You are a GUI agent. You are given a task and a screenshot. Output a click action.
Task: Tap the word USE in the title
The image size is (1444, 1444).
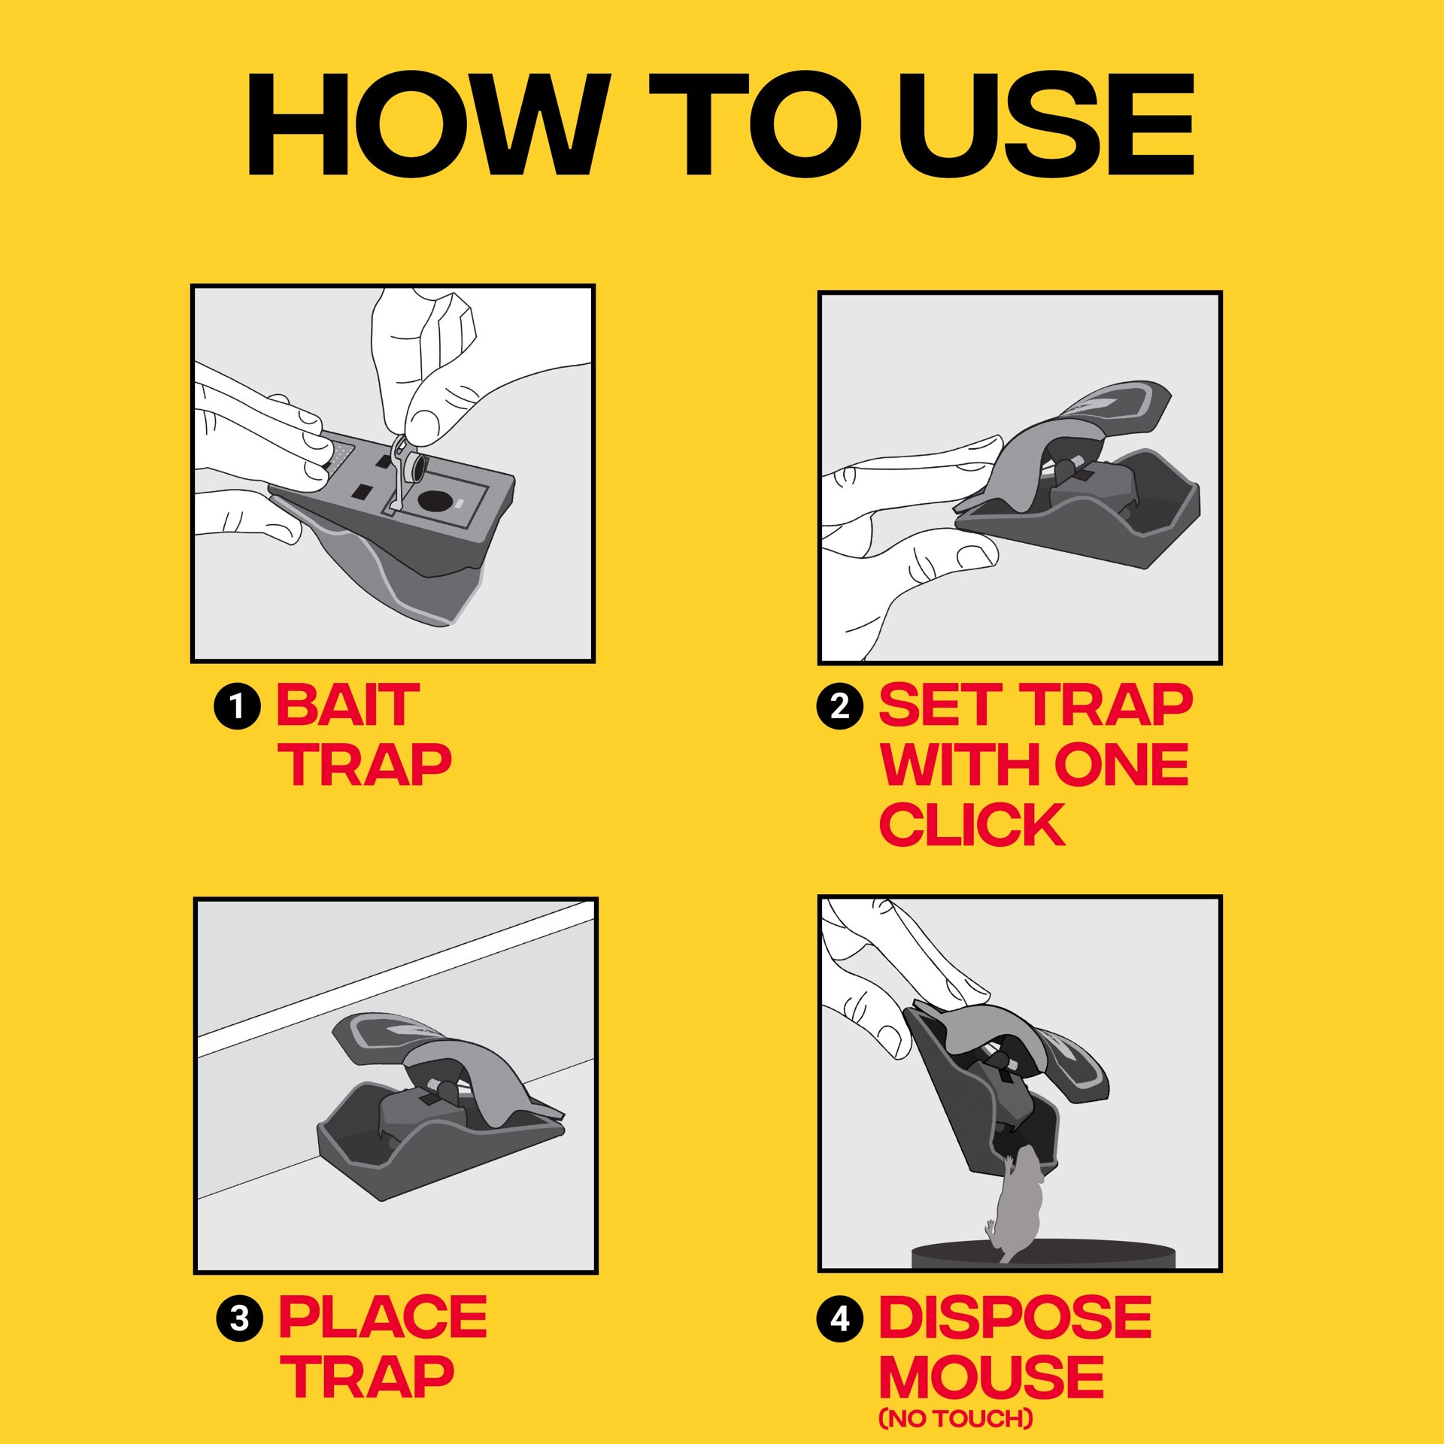1046,126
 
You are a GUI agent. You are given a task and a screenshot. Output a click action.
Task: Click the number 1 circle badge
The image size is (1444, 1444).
237,707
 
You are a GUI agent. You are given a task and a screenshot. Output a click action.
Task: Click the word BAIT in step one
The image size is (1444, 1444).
347,705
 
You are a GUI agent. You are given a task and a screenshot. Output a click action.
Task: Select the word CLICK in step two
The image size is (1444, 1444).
972,825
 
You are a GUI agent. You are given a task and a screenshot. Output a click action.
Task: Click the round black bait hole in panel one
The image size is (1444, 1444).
434,501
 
